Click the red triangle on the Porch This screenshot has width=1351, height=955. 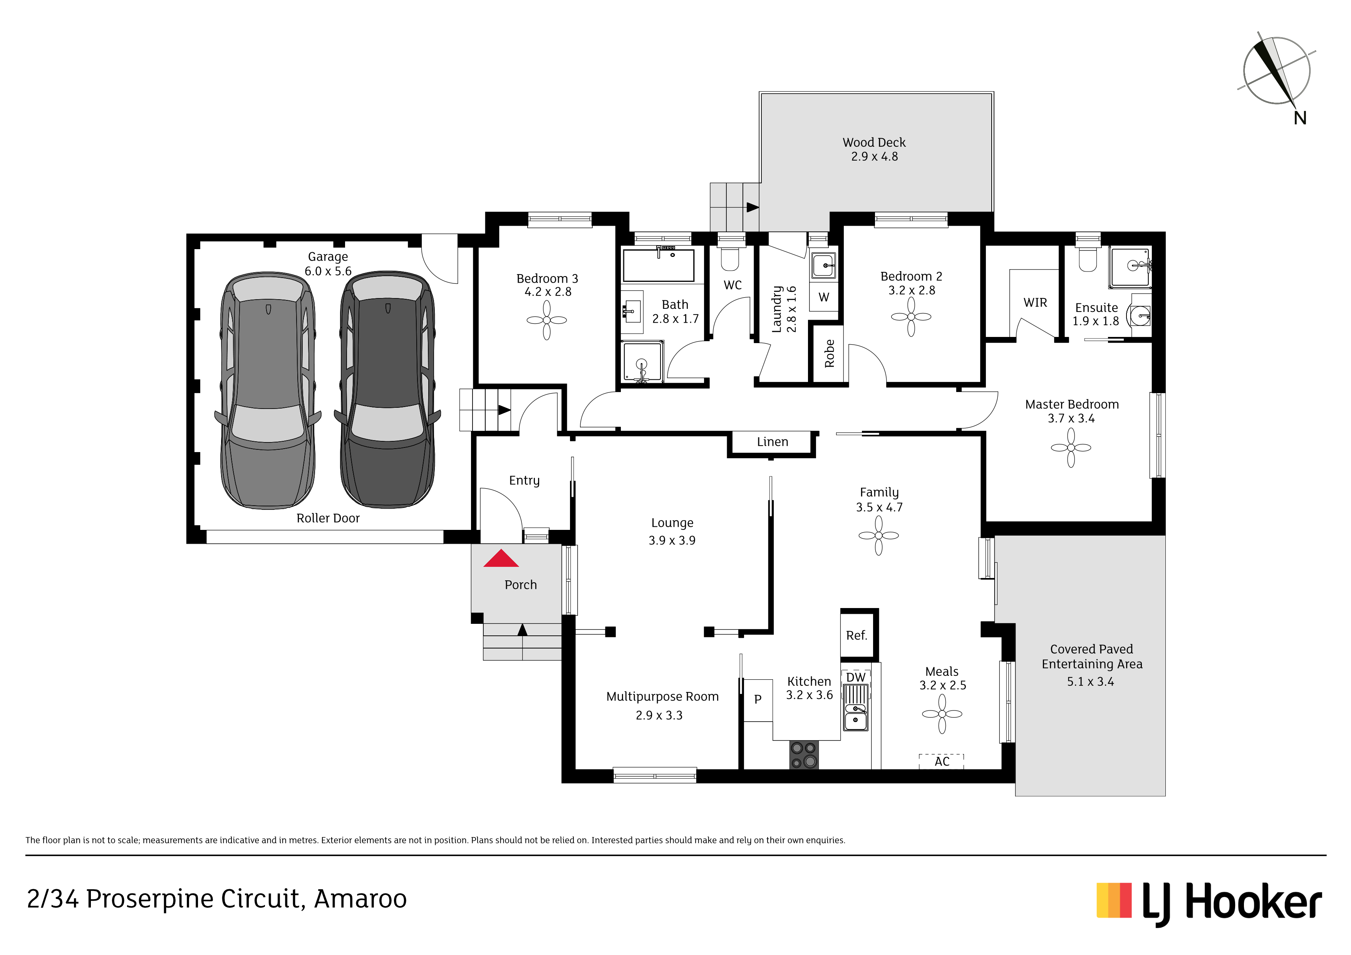[501, 558]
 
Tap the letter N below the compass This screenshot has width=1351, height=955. [1300, 118]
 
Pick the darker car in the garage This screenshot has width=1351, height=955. [388, 390]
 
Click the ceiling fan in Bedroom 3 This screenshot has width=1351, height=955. [546, 320]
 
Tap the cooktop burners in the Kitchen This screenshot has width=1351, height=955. [804, 755]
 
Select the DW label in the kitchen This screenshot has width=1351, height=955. [856, 677]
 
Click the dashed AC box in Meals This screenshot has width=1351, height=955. [942, 761]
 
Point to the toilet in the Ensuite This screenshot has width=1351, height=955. [1088, 260]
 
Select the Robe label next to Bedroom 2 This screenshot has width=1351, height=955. [829, 354]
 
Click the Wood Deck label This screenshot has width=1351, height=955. [874, 142]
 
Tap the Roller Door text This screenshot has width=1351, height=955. [328, 518]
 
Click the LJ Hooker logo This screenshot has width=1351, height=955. [1209, 903]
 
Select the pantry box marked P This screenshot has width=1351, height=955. [758, 700]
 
